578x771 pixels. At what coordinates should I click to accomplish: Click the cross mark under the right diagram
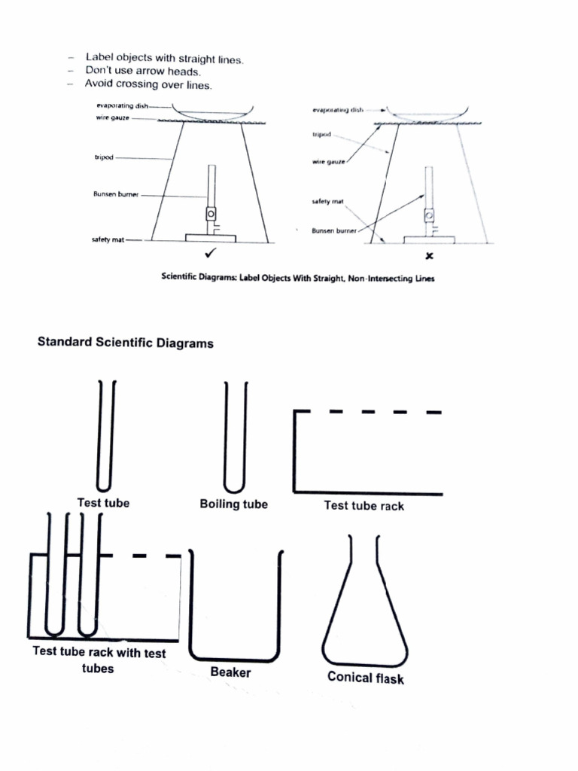429,256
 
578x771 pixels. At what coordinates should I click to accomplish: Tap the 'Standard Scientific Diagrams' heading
126,343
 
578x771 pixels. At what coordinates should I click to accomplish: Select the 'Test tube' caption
103,503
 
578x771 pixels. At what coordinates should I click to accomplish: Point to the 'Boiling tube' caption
233,504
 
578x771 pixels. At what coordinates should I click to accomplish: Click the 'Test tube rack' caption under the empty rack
364,506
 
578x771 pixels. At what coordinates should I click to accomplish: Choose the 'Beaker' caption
230,672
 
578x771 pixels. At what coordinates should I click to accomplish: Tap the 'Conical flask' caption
365,677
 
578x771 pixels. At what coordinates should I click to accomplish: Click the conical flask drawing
365,610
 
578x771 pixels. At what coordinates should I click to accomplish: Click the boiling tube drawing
235,437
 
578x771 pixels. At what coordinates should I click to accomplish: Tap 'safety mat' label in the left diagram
107,240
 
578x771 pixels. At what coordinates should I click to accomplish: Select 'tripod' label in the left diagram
103,158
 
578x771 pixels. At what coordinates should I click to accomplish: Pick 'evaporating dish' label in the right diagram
338,111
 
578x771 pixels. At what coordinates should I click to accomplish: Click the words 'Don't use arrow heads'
142,72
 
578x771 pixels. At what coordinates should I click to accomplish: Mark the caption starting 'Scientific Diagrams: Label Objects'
298,278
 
